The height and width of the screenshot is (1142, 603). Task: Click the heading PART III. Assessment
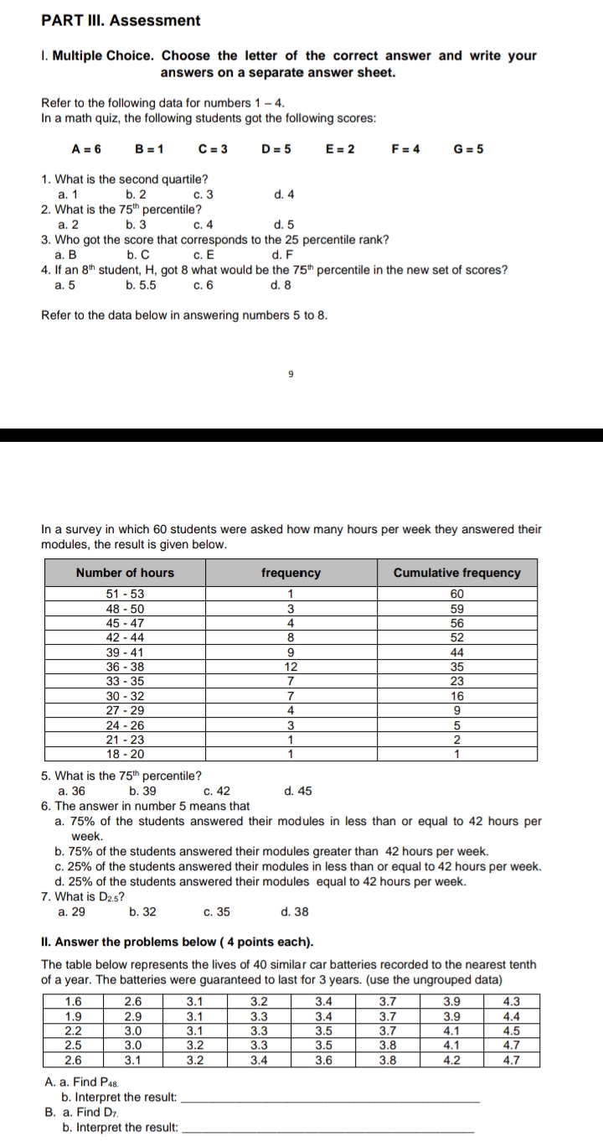[x=121, y=20]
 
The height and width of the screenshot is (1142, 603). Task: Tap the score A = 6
[x=86, y=149]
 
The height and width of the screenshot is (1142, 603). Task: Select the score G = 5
[x=468, y=149]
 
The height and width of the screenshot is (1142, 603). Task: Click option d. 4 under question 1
[x=284, y=195]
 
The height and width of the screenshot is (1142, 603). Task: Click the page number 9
[x=290, y=375]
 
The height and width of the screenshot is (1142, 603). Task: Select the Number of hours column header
[x=125, y=573]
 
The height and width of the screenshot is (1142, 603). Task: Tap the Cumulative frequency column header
[x=456, y=573]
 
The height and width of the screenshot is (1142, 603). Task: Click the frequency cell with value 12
[x=291, y=667]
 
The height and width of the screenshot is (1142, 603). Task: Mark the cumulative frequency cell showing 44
[x=456, y=652]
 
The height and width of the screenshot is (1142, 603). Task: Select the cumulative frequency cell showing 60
[x=456, y=594]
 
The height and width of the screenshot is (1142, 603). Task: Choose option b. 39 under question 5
[x=142, y=791]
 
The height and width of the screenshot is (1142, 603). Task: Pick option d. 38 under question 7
[x=296, y=912]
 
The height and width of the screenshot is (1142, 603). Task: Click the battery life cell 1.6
[x=74, y=1000]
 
